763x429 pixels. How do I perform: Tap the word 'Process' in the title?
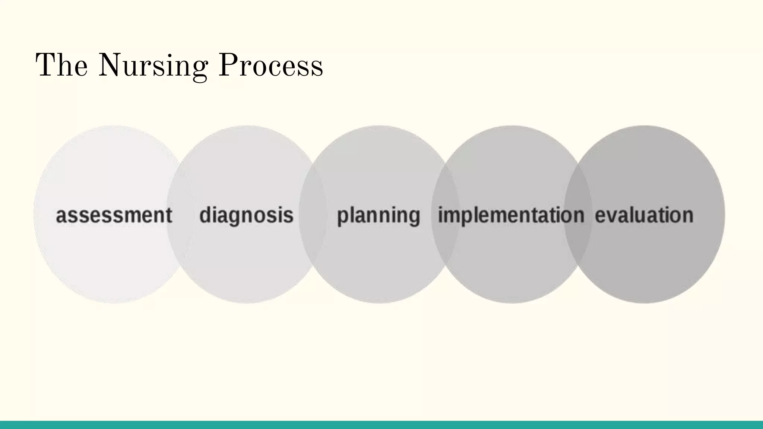click(x=270, y=66)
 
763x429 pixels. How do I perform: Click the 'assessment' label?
click(x=114, y=215)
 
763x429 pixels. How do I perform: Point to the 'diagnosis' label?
click(x=246, y=215)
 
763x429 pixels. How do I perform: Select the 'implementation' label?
click(x=511, y=215)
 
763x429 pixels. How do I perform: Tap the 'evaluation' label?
click(x=644, y=215)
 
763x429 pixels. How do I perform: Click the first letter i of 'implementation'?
click(x=440, y=215)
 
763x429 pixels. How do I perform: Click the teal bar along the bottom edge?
click(x=381, y=425)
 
